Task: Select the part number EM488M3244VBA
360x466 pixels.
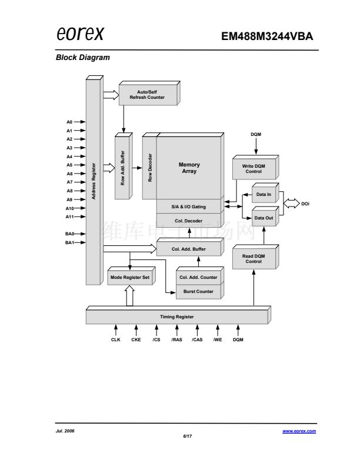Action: point(267,36)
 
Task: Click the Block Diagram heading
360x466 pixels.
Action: point(82,58)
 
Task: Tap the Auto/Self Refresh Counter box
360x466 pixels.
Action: point(147,95)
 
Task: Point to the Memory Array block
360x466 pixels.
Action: point(189,168)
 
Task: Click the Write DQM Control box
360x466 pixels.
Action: point(254,169)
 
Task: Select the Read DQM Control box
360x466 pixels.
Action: point(254,259)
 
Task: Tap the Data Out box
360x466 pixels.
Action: point(264,218)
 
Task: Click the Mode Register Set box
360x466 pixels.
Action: point(130,277)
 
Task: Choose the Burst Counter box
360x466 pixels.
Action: point(198,291)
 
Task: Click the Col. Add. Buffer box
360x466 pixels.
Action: point(188,249)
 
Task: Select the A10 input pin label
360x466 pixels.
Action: point(69,208)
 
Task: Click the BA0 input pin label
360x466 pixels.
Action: point(69,234)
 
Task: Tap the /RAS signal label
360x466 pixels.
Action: point(176,340)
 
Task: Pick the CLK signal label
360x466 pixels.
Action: point(116,340)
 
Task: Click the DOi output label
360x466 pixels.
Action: point(305,204)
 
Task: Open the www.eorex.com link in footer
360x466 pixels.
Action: point(299,431)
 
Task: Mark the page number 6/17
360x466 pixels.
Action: point(188,437)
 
